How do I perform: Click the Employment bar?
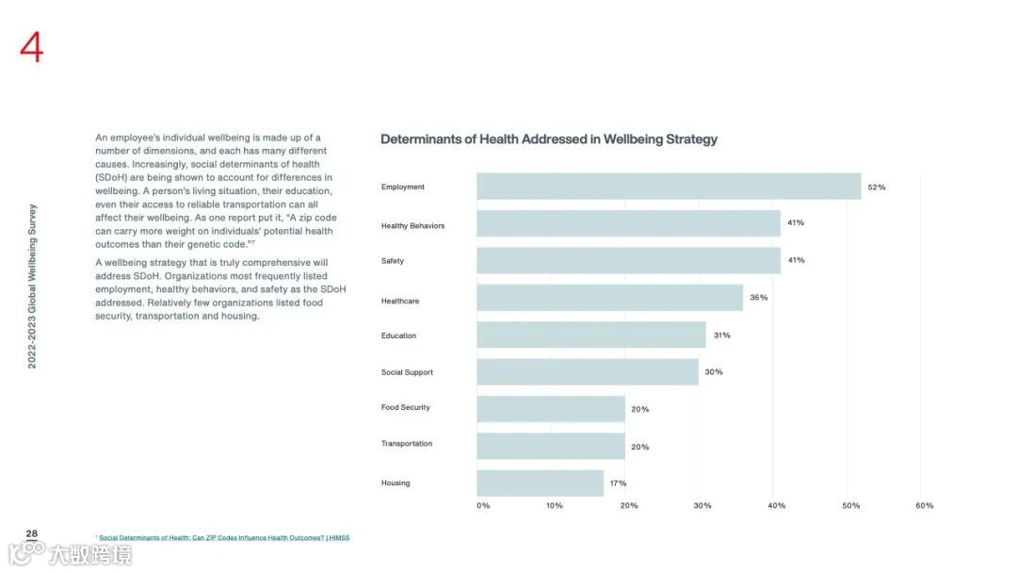tap(669, 187)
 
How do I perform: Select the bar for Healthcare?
tap(609, 298)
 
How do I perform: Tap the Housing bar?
tap(540, 483)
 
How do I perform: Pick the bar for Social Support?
tap(588, 372)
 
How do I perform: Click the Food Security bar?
tap(551, 409)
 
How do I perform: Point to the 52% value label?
tap(877, 188)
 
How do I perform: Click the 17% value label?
tap(618, 483)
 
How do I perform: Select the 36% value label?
tap(758, 298)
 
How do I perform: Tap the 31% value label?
tap(721, 336)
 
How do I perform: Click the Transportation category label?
tap(407, 444)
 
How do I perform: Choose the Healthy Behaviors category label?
tap(412, 226)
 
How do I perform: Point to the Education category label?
tap(398, 336)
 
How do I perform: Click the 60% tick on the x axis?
tap(925, 506)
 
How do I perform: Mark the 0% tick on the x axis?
tap(483, 506)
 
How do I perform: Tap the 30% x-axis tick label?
tap(702, 506)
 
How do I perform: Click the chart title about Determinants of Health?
tap(549, 139)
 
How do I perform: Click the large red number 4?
tap(32, 47)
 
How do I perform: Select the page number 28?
tap(32, 534)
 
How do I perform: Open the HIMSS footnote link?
tap(224, 538)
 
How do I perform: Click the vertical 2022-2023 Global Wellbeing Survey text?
tap(32, 286)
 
